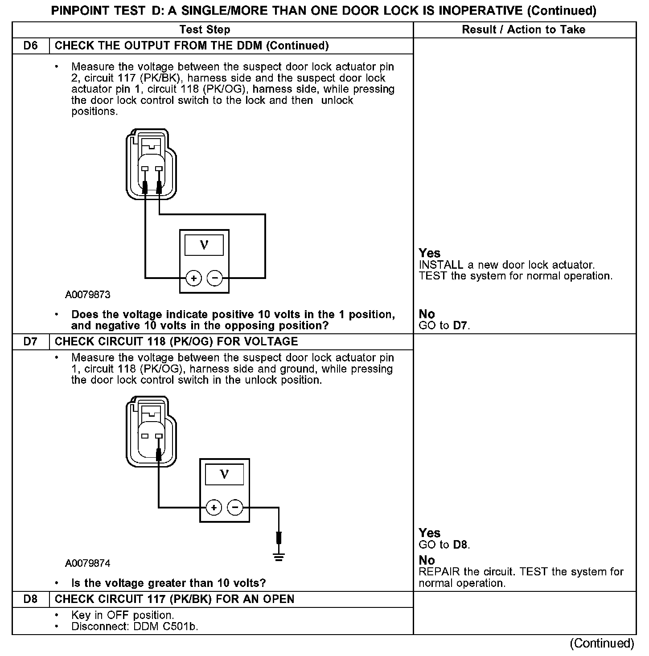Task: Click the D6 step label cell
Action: (30, 46)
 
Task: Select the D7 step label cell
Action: (30, 342)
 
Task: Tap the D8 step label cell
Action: (30, 599)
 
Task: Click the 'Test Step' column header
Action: (205, 30)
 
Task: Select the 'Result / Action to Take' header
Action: (524, 30)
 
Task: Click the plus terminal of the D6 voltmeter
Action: (193, 279)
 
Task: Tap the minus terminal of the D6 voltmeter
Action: (215, 279)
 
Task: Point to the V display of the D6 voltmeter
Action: (204, 245)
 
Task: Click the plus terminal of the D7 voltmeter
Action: (214, 507)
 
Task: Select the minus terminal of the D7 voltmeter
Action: (235, 507)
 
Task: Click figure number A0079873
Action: (88, 295)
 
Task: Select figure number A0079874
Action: (88, 563)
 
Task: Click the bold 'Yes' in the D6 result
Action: (429, 253)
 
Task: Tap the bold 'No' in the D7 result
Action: (427, 560)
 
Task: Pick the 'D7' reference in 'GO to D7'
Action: (460, 325)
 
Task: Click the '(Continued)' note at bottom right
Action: (602, 643)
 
